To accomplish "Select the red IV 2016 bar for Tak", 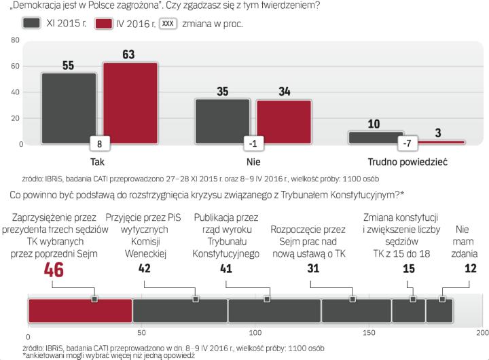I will (130, 103).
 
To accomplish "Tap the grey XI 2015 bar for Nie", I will (222, 120).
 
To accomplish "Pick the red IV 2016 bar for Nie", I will (283, 121).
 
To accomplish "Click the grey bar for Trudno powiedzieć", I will (375, 137).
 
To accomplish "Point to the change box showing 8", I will (99, 144).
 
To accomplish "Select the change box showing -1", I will (253, 144).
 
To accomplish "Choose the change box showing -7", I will (407, 144).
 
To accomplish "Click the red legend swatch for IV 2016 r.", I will (103, 23).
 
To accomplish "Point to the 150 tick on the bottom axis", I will (369, 334).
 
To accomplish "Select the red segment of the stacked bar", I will (80, 310).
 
